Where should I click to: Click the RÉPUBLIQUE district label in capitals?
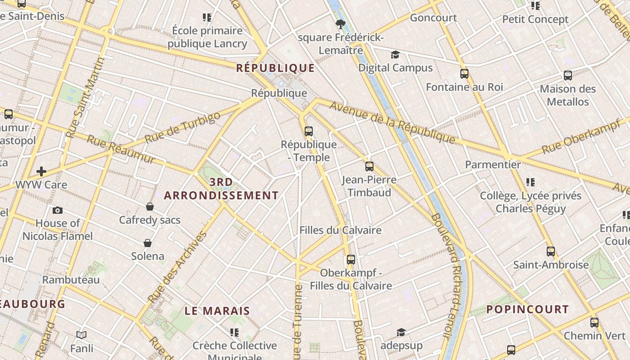(275, 68)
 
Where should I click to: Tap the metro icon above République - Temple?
(309, 131)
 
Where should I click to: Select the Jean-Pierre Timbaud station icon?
(369, 166)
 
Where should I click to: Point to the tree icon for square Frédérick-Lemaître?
(340, 24)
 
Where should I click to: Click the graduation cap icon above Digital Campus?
(395, 55)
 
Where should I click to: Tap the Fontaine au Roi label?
(464, 87)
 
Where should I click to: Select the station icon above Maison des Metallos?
(568, 76)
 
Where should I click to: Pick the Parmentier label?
(493, 164)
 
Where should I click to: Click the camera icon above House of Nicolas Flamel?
(58, 210)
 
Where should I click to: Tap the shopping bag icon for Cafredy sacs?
(150, 207)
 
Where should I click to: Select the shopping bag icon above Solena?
(147, 243)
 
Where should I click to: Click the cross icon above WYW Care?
(41, 171)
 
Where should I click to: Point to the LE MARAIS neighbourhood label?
(217, 311)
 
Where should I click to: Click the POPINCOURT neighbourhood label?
(527, 309)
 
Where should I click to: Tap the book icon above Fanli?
(81, 335)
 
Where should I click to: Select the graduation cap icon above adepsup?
(401, 332)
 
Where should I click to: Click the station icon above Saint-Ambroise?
(551, 252)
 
